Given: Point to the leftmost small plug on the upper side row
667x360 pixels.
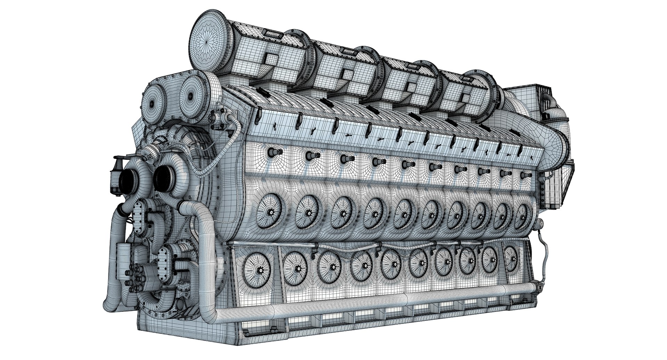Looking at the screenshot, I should point(271,152).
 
